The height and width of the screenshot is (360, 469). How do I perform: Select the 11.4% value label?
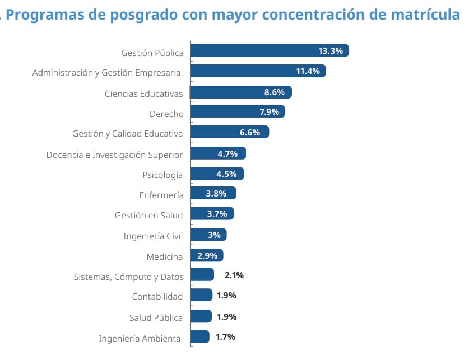click(x=308, y=71)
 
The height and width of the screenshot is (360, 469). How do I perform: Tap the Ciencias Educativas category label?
click(x=143, y=93)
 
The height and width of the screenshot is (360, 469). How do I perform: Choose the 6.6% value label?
click(x=250, y=133)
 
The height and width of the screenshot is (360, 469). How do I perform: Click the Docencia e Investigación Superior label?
click(x=114, y=155)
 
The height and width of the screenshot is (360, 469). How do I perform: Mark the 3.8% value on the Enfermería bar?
click(x=216, y=194)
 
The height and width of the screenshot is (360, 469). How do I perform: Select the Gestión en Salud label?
click(x=148, y=215)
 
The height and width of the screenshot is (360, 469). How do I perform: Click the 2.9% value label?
click(x=207, y=255)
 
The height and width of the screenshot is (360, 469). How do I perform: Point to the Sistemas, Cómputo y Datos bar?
click(x=202, y=274)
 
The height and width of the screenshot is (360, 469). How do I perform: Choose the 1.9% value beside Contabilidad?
click(x=226, y=295)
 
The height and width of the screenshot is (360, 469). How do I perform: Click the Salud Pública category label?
click(x=156, y=317)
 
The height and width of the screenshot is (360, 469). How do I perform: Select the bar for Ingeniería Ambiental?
click(x=200, y=336)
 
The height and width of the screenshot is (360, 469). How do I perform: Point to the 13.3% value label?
click(x=330, y=51)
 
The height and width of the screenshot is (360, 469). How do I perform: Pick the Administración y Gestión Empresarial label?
click(x=108, y=73)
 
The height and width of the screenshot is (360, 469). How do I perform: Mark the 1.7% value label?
click(x=225, y=337)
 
